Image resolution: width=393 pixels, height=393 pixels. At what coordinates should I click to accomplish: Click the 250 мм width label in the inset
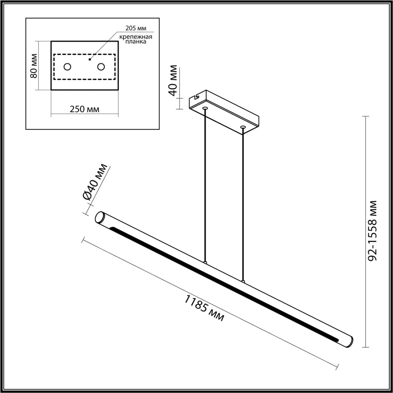(84, 109)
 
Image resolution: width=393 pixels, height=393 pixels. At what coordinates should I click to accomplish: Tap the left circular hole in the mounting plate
(68, 67)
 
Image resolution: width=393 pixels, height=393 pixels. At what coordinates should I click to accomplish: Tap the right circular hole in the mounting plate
(101, 67)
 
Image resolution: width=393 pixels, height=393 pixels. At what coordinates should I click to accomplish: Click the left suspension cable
(205, 185)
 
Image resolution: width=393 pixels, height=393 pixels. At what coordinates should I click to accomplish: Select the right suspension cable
(243, 204)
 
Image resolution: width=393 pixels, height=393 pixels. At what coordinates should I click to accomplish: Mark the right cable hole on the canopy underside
(243, 127)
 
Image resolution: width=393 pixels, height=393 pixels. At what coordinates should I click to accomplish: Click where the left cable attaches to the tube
(205, 261)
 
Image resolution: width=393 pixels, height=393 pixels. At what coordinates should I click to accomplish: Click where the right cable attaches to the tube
(243, 281)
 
